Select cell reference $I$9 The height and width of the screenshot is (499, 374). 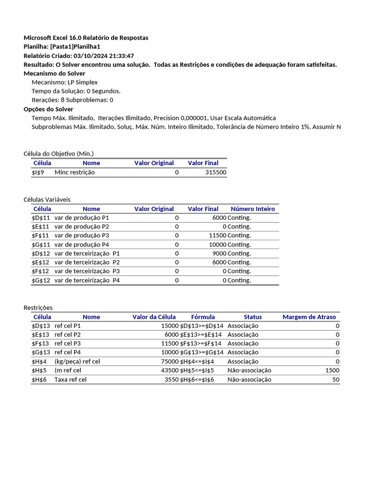coord(38,173)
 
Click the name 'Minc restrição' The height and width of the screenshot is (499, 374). coord(75,173)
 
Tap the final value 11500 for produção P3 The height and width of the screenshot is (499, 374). coord(214,235)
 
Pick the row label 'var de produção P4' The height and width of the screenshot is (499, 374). coord(82,245)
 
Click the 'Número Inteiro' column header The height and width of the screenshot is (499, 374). coord(252,209)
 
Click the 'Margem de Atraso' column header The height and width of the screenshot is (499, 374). coord(309,317)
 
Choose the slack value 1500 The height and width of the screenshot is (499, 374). coord(332,370)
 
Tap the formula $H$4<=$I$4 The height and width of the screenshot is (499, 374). coord(197,362)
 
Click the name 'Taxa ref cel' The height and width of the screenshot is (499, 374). coord(71,380)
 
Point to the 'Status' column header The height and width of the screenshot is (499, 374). coord(253,317)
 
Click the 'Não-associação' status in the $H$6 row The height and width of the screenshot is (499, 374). coord(249,380)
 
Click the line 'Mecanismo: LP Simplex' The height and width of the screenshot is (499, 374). coord(64,82)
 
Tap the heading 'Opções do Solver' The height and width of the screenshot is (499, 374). coord(48,109)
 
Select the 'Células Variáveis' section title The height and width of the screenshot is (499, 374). coord(47,199)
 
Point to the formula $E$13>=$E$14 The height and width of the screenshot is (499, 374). coord(201,335)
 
